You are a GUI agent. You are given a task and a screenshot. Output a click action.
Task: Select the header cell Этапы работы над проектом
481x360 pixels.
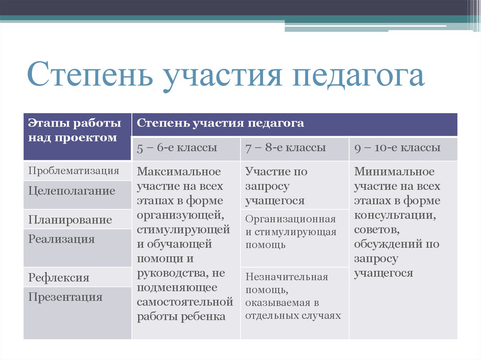(75, 130)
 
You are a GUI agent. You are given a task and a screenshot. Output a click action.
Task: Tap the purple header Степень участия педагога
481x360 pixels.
(220, 123)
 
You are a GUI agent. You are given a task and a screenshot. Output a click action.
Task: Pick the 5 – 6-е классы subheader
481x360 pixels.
(177, 148)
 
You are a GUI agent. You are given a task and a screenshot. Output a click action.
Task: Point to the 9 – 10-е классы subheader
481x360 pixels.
(397, 148)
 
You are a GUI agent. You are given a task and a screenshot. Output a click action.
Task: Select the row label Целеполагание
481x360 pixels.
(71, 191)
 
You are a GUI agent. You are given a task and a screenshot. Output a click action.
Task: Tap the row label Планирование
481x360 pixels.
(70, 220)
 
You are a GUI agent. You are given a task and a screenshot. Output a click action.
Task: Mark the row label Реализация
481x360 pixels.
(62, 239)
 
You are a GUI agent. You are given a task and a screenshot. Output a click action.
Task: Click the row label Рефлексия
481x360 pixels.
(59, 277)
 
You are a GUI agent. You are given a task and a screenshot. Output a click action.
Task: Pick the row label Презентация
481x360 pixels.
(65, 297)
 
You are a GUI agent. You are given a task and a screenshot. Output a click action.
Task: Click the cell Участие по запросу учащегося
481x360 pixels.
(276, 186)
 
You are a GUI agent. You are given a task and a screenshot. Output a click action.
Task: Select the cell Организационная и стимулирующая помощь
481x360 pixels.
(290, 232)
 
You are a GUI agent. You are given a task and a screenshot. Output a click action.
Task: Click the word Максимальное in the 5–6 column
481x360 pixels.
(178, 171)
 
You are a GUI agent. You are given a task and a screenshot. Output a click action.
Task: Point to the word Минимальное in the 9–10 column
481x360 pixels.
(395, 171)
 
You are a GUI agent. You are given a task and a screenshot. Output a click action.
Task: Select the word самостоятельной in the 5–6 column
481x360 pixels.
(185, 301)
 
